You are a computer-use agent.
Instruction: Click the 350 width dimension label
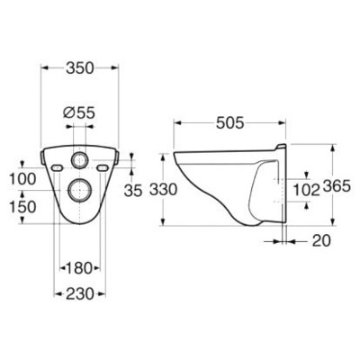point(80,68)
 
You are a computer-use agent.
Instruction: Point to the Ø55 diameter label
point(79,112)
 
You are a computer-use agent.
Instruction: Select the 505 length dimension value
point(230,122)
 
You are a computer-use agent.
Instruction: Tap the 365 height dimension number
point(337,186)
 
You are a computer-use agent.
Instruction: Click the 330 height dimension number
point(163,190)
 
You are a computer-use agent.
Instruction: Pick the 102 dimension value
point(306,190)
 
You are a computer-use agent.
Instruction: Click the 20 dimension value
point(321,240)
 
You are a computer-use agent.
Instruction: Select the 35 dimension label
point(133,190)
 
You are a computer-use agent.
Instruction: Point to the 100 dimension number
point(22,179)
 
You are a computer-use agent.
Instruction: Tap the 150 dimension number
point(22,207)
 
